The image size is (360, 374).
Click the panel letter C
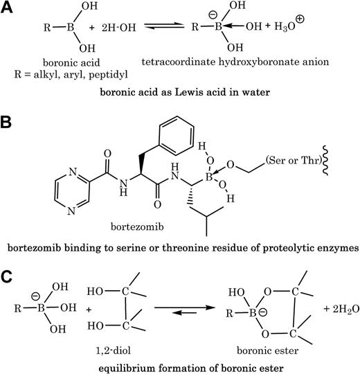[x=8, y=274]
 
